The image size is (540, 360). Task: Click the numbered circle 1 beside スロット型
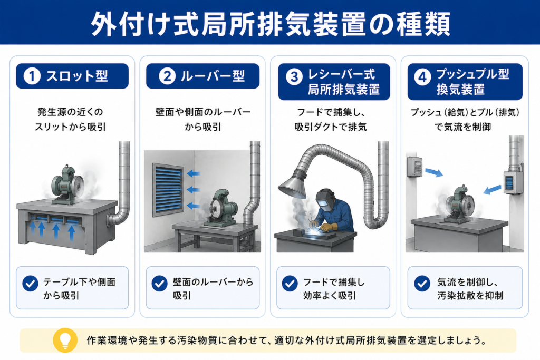point(32,76)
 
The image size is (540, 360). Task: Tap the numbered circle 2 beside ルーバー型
point(167,76)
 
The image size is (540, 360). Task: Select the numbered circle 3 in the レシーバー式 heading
point(294,77)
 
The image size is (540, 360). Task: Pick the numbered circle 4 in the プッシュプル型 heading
point(422,77)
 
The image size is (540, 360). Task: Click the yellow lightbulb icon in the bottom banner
point(65,340)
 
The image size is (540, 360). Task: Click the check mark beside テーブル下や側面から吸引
point(30,283)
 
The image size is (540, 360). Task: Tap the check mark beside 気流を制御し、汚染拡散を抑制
point(422,283)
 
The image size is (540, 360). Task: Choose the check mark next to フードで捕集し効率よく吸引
point(290,283)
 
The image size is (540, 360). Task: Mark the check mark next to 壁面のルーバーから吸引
point(159,283)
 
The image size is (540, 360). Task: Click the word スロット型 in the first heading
point(77,76)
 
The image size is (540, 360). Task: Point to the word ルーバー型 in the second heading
point(213,76)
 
